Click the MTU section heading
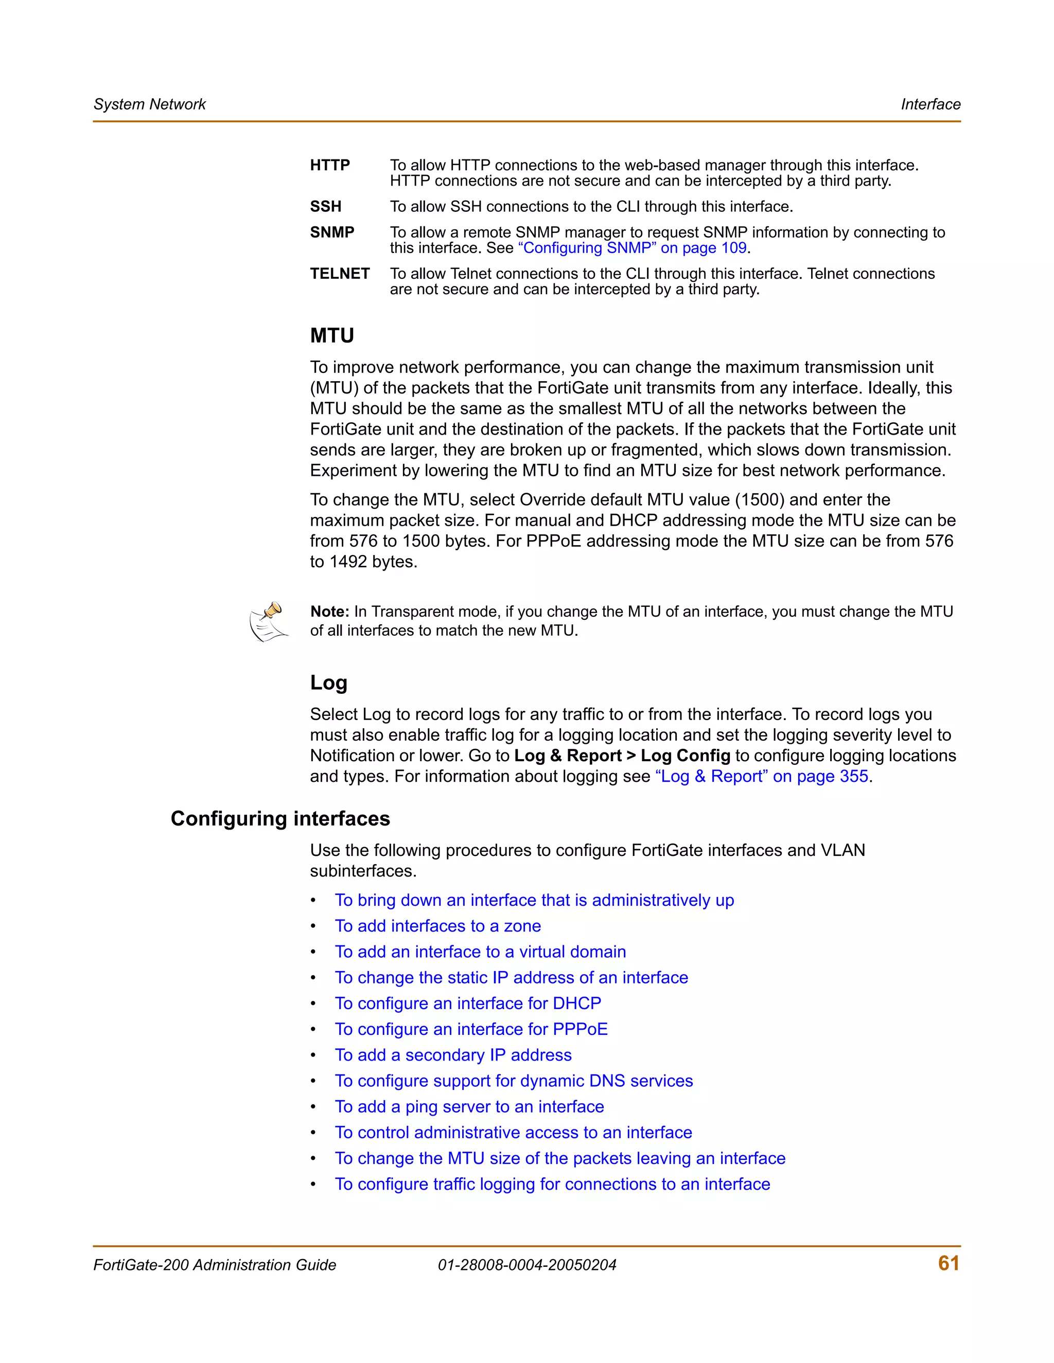tap(331, 336)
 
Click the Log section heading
tap(328, 682)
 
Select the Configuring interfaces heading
tap(280, 818)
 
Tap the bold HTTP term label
tap(330, 166)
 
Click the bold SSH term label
tap(325, 207)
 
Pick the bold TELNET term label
tap(340, 274)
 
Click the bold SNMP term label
tap(331, 232)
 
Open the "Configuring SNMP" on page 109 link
tap(632, 248)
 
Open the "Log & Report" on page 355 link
tap(761, 776)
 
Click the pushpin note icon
tap(269, 622)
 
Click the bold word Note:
tap(330, 612)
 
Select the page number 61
tap(948, 1263)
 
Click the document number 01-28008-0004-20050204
tap(526, 1265)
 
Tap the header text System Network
tap(149, 104)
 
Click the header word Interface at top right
tap(930, 104)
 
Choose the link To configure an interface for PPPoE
tap(471, 1029)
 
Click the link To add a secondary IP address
tap(453, 1055)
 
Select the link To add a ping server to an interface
tap(469, 1106)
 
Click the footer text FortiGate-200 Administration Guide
tap(214, 1265)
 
